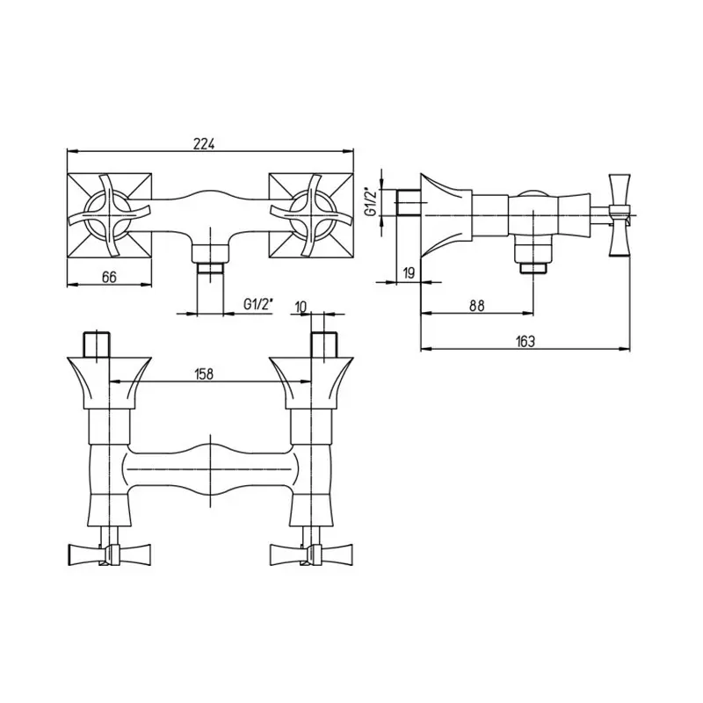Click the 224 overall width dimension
point(205,143)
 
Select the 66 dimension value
point(109,277)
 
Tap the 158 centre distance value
point(204,374)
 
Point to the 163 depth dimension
point(525,341)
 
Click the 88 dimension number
point(477,306)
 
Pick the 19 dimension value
point(409,272)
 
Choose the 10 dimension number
point(301,307)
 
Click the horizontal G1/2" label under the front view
point(258,304)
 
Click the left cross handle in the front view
point(109,215)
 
